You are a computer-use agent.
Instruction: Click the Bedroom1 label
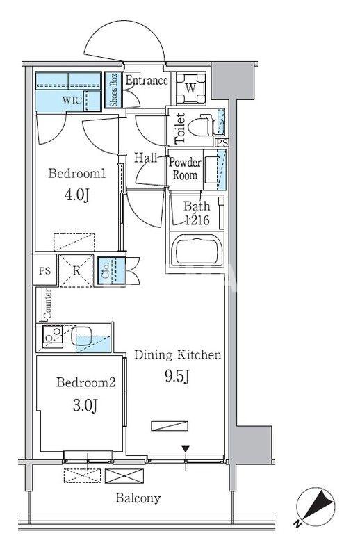[77, 174]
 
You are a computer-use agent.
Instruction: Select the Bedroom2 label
[86, 383]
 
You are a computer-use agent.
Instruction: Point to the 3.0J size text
[85, 405]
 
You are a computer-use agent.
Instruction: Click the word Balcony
[138, 498]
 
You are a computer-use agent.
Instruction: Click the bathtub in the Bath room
[197, 251]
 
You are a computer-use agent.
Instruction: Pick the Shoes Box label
[113, 90]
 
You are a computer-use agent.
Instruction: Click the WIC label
[72, 100]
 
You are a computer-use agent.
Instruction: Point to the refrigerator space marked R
[76, 270]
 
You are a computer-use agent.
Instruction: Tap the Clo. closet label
[105, 271]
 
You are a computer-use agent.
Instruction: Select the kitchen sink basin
[81, 336]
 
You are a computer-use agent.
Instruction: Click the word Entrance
[147, 80]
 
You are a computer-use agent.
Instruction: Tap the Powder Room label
[185, 169]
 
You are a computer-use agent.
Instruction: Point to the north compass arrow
[316, 503]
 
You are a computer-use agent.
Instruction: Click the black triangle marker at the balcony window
[186, 449]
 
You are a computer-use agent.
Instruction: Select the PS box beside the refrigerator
[44, 271]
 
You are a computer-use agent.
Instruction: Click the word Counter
[48, 304]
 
